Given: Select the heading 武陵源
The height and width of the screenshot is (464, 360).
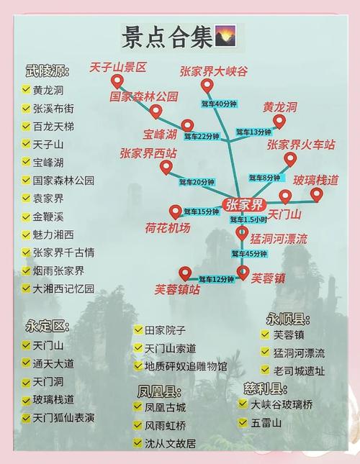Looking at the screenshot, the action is [47, 71].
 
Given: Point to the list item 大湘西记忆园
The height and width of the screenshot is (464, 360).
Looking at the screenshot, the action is [63, 288].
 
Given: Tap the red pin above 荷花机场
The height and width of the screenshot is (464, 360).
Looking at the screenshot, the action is [176, 211].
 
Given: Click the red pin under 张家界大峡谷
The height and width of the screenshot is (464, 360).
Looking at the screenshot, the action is [207, 86].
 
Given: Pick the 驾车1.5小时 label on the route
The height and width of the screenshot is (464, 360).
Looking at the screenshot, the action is [248, 219].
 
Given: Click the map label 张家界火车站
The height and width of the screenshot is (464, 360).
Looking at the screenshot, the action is [301, 144].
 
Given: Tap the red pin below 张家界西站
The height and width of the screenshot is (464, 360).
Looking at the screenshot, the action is [166, 167].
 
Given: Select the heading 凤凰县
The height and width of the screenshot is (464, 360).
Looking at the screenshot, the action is [158, 391].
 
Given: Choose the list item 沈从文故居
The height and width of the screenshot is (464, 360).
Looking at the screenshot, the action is [170, 443].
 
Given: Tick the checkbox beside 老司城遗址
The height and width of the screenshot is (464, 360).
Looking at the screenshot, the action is [265, 371].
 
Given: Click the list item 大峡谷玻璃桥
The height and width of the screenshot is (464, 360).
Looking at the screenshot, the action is [282, 404].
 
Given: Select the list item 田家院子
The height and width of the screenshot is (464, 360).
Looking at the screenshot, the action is [165, 330].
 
